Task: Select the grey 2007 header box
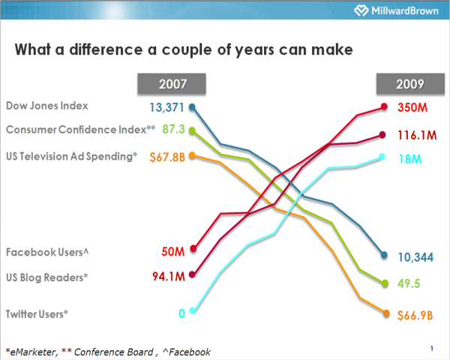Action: pos(172,84)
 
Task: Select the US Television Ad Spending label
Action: pos(72,155)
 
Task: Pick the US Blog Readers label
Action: pos(47,277)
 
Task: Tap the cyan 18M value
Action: pos(410,159)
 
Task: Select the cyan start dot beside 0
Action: pos(193,311)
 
